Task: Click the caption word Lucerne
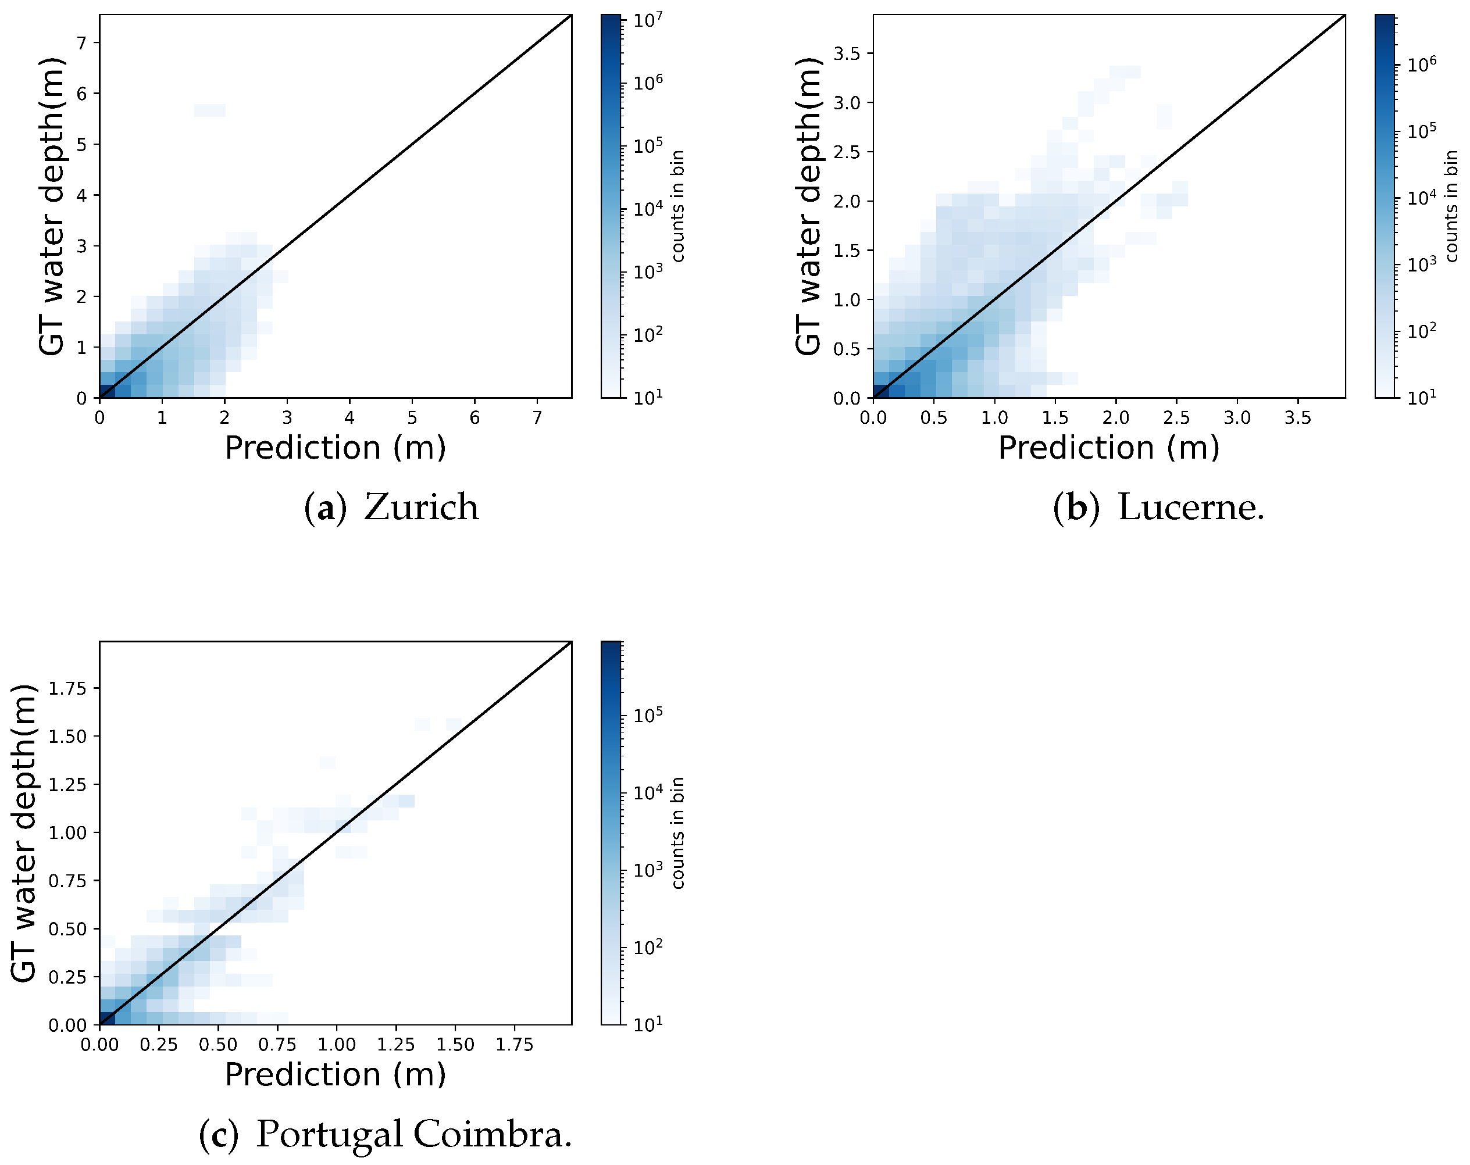click(x=1190, y=507)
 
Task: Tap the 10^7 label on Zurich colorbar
click(x=647, y=20)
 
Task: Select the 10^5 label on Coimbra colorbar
click(x=647, y=715)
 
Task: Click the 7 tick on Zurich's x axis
click(x=537, y=417)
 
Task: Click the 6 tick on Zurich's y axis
click(x=82, y=94)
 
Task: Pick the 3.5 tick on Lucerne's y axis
click(x=847, y=53)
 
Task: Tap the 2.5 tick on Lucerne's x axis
click(x=1176, y=417)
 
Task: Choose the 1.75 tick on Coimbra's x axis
click(x=514, y=1044)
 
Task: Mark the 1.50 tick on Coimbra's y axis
click(x=67, y=736)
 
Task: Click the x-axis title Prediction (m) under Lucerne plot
click(x=1109, y=448)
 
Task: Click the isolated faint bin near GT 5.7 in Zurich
click(x=209, y=110)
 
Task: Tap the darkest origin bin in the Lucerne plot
click(x=880, y=391)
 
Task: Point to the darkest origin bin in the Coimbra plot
click(x=107, y=1018)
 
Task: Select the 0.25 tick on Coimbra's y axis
click(x=67, y=977)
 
